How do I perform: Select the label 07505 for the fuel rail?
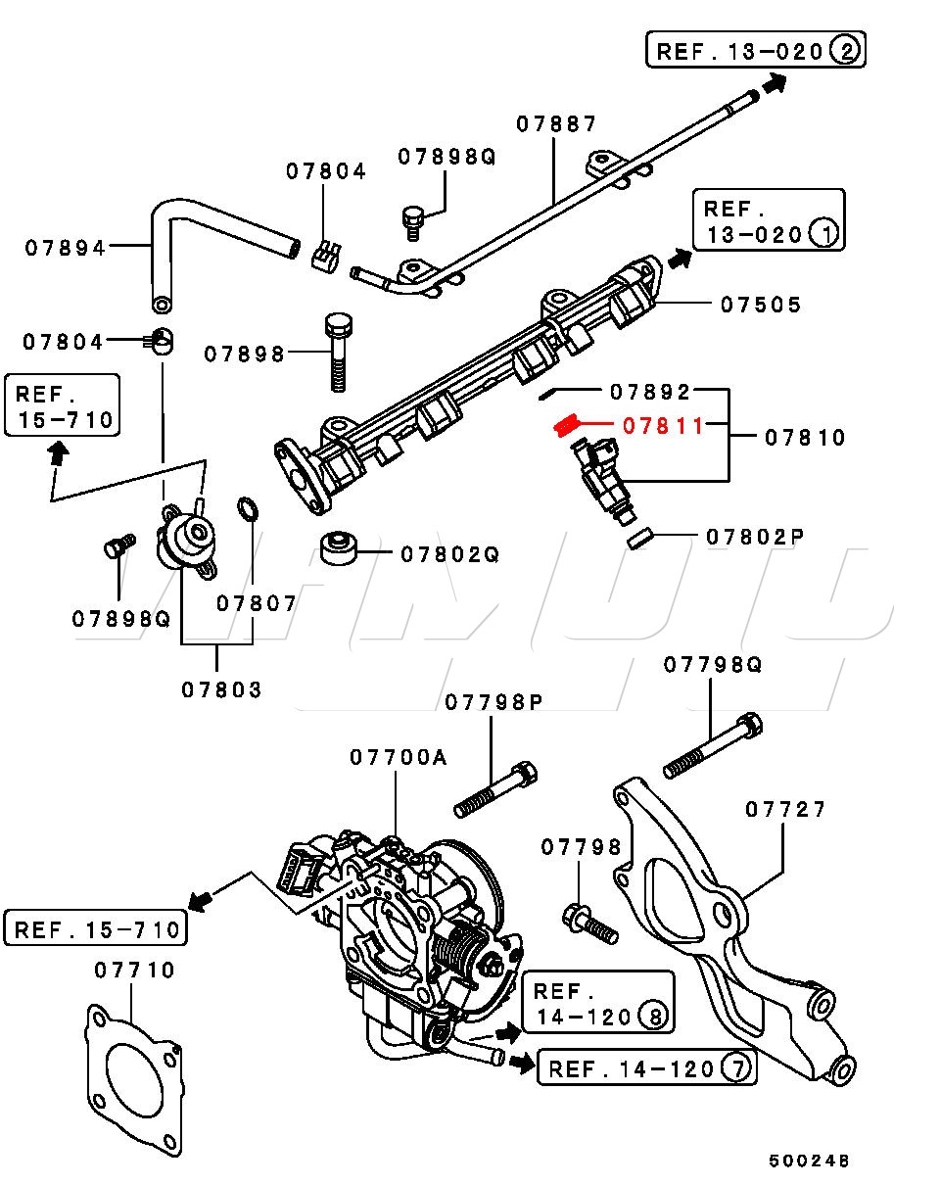(761, 305)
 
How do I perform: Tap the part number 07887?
(556, 124)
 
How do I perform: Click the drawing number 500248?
(809, 1161)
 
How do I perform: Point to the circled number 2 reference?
(843, 50)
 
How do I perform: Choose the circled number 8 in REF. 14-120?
(652, 1016)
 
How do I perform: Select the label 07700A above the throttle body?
(398, 757)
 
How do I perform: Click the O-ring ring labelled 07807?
(247, 509)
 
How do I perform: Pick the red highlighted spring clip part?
(566, 425)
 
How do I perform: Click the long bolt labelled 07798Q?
(712, 744)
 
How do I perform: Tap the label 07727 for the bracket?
(785, 809)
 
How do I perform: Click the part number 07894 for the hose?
(66, 248)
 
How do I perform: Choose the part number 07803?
(221, 689)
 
